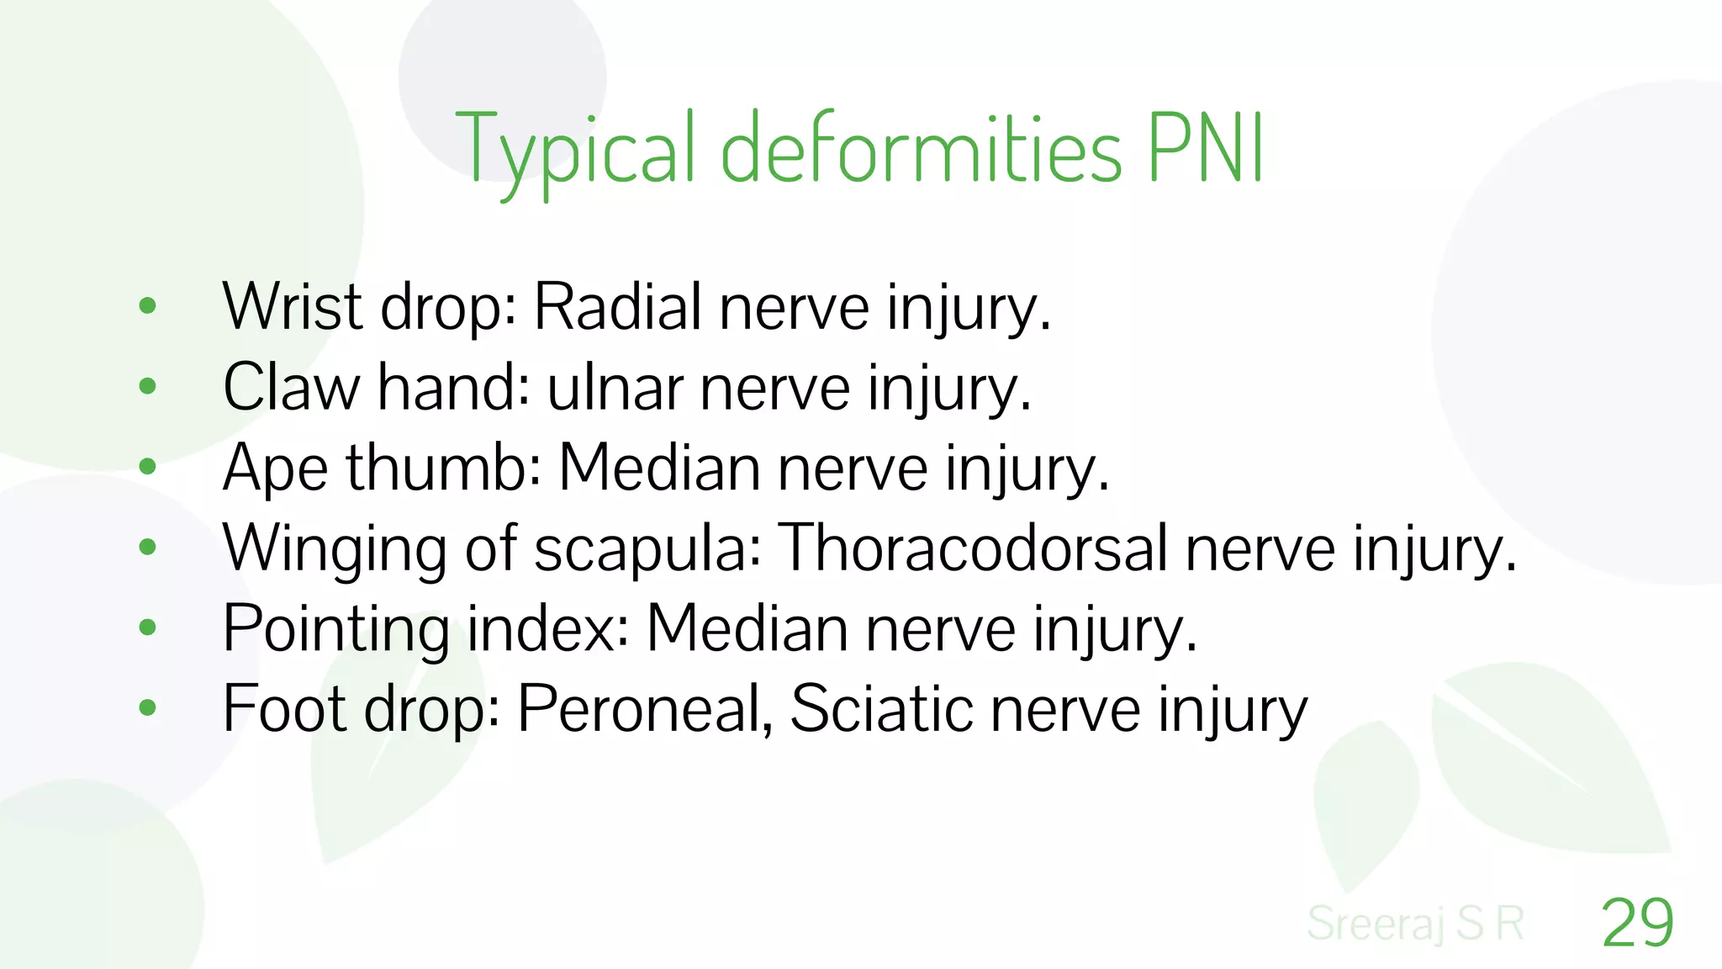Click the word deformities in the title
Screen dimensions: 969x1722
(922, 150)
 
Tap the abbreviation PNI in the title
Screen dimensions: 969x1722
(1206, 148)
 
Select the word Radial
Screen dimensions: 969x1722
(618, 306)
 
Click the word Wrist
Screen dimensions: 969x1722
(293, 306)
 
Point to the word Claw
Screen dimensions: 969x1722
(291, 387)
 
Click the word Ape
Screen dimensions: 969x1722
(275, 468)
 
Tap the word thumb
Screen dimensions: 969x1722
(442, 468)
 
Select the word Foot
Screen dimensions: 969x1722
(284, 708)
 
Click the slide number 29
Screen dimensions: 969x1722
(1637, 923)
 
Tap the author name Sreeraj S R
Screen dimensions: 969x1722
(1416, 923)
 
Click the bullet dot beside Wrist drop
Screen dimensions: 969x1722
(148, 306)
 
